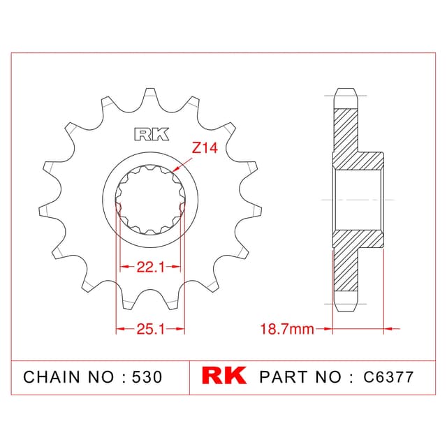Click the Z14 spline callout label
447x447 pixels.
click(x=205, y=147)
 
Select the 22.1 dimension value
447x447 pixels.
click(x=151, y=267)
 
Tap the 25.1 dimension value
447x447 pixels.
click(x=151, y=329)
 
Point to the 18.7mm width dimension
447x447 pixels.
click(x=287, y=329)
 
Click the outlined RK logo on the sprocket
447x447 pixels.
click(x=152, y=134)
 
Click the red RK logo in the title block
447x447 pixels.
click(x=223, y=376)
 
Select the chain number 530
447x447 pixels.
click(x=147, y=377)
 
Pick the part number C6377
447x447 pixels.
click(x=388, y=377)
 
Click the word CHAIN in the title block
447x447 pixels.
click(x=52, y=377)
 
